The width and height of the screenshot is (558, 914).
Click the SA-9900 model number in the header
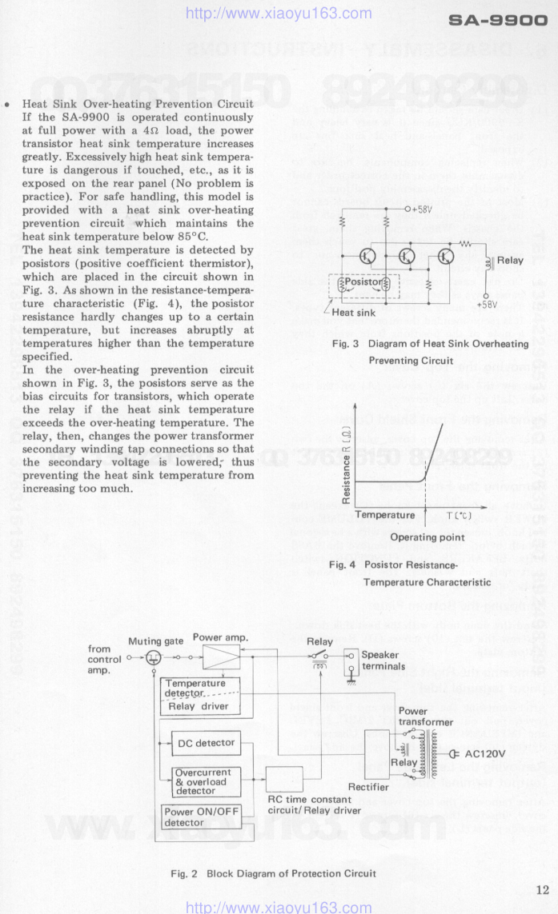tap(497, 23)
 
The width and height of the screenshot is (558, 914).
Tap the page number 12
tap(543, 889)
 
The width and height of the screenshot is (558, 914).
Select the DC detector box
tap(206, 743)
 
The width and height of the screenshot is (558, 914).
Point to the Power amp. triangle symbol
tap(221, 657)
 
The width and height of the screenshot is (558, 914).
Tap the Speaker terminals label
tap(383, 661)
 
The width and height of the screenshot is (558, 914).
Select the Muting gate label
tap(156, 641)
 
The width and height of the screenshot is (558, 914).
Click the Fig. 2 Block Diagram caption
tap(273, 873)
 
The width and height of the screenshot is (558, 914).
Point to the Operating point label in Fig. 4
tap(427, 537)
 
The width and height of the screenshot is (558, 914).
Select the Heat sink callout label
tap(354, 313)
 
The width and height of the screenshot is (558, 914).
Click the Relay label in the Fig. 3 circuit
tap(510, 261)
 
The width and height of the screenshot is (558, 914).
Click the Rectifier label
tap(369, 787)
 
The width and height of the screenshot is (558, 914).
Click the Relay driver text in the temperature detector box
tap(199, 706)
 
